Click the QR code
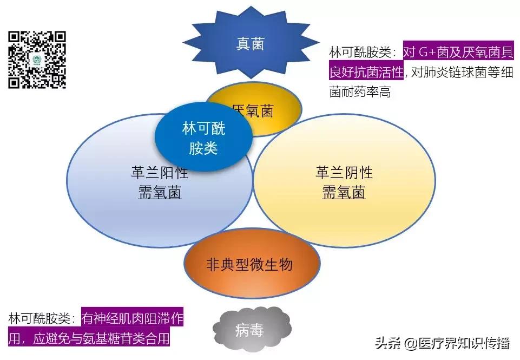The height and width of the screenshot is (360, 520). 37,60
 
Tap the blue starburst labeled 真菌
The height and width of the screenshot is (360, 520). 250,44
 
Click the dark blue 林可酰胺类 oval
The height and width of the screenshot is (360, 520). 204,138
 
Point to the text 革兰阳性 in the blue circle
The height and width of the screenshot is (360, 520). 160,173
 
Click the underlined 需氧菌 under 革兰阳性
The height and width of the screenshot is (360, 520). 160,193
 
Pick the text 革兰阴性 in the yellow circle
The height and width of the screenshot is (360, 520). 344,173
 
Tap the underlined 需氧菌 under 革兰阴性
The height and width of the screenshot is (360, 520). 344,193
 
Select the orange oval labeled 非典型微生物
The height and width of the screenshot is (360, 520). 249,265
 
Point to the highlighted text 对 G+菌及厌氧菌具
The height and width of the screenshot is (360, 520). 458,53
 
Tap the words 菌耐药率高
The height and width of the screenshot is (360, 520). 360,92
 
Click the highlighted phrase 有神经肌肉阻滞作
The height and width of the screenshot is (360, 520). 132,319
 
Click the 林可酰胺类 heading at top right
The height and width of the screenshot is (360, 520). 363,53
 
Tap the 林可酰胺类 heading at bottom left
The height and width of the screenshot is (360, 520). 41,319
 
